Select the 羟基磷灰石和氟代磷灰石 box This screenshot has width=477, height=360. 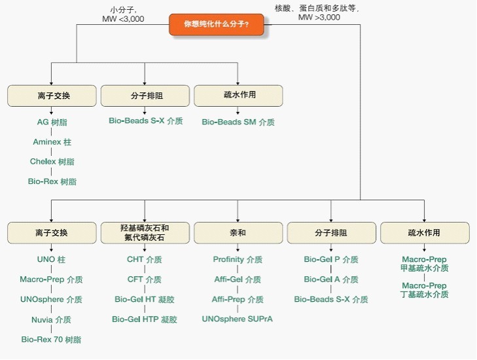coord(145,232)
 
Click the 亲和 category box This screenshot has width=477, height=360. coord(238,232)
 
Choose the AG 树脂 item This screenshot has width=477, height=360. coord(52,122)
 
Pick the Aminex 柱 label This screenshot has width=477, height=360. coord(52,141)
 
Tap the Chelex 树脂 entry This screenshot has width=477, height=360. coord(52,161)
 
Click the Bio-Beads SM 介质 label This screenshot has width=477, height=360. coord(238,122)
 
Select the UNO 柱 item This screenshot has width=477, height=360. coord(51,259)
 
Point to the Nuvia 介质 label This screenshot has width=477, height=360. coord(51,319)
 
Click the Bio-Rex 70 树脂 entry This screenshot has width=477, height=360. coord(51,340)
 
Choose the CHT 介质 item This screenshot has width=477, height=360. coord(145,259)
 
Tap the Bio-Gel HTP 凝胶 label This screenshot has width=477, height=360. coord(145,319)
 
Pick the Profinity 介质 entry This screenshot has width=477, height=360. coord(238,259)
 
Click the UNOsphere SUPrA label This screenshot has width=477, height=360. coord(238,319)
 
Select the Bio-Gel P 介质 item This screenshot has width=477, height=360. coord(331,259)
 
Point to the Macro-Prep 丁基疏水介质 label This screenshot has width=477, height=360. coord(425,290)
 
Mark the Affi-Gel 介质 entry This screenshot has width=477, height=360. coord(238,279)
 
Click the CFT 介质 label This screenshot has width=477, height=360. coord(145,279)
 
